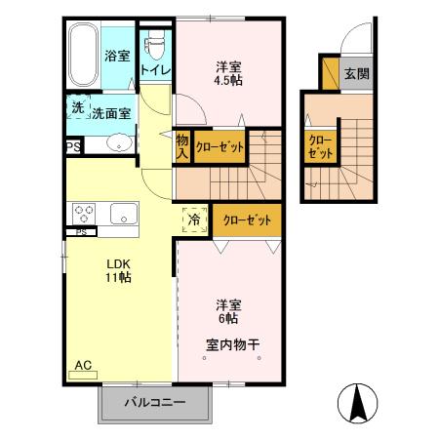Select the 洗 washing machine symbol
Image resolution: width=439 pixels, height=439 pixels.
(77, 108)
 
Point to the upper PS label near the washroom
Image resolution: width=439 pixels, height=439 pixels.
(72, 146)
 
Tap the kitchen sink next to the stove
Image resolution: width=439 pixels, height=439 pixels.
(124, 213)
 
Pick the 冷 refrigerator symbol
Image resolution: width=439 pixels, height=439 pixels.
(194, 219)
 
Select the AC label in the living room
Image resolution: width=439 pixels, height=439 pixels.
(84, 365)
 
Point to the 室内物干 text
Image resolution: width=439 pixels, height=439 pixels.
(232, 343)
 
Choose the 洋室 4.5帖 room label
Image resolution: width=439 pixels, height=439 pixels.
(230, 74)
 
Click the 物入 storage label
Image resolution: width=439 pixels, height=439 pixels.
(182, 146)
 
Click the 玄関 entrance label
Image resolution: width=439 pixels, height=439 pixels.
(356, 72)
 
